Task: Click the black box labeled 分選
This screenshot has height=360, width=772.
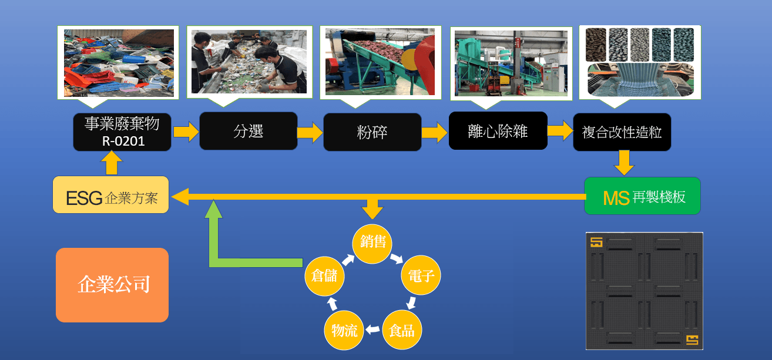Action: pyautogui.click(x=248, y=131)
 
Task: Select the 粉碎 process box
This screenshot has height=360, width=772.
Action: pyautogui.click(x=372, y=132)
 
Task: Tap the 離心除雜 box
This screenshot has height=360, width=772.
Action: pyautogui.click(x=498, y=130)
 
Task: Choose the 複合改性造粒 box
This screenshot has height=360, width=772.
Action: pyautogui.click(x=622, y=132)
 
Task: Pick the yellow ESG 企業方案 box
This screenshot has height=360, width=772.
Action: pyautogui.click(x=111, y=194)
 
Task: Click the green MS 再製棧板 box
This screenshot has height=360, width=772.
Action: pyautogui.click(x=642, y=196)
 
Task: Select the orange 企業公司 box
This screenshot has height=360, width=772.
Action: pyautogui.click(x=112, y=285)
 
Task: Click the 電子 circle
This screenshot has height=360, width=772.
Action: pyautogui.click(x=421, y=275)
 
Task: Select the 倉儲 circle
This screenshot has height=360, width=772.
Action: pyautogui.click(x=324, y=275)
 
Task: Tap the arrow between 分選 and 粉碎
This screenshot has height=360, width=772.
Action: pyautogui.click(x=310, y=132)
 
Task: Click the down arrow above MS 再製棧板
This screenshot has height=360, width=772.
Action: pyautogui.click(x=623, y=162)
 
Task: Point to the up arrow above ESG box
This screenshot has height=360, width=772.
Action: pyautogui.click(x=111, y=163)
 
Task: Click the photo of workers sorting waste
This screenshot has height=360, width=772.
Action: pyautogui.click(x=250, y=62)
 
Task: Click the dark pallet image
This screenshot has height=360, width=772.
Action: pyautogui.click(x=645, y=291)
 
